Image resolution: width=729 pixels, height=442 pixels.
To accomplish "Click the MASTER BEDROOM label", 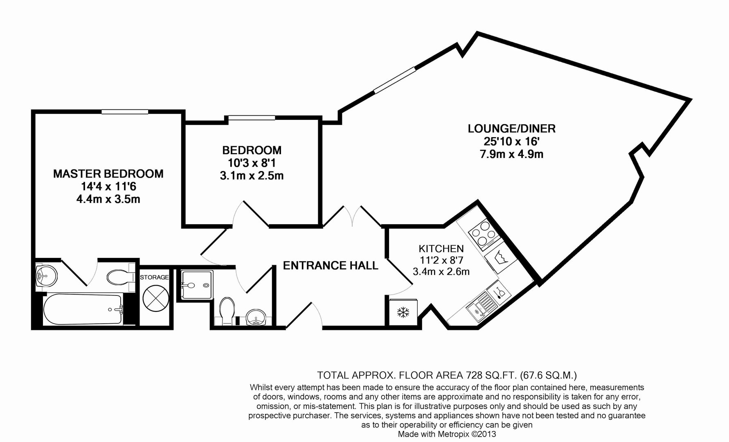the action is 108,174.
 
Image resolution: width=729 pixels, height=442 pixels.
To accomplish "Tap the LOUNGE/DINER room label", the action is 512,129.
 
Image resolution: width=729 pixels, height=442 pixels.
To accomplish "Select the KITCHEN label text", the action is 441,248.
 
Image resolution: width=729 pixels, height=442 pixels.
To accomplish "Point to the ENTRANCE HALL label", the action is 331,266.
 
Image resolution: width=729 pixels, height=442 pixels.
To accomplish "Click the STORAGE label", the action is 154,277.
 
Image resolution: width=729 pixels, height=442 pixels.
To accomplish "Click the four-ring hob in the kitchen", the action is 484,233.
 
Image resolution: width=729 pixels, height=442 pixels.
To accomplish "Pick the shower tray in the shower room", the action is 196,285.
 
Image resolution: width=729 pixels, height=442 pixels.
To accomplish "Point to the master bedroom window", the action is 125,111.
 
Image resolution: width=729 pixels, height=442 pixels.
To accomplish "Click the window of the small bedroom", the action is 252,118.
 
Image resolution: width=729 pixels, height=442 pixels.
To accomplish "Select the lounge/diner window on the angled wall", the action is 395,80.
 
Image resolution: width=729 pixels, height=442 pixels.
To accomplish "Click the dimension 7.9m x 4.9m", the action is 511,154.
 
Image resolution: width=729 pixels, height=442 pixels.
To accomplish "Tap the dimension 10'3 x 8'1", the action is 252,163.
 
